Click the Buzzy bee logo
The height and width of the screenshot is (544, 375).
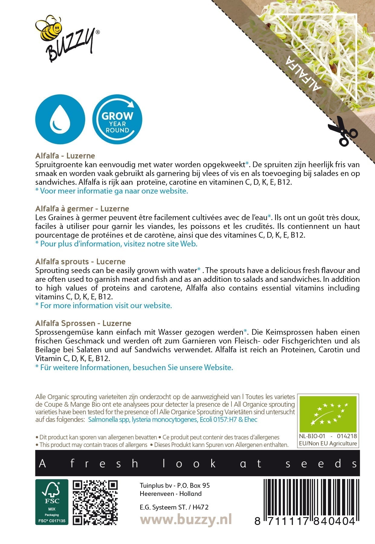pos(66,38)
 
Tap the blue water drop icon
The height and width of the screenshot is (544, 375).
pos(60,119)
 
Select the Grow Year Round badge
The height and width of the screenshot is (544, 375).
pos(117,119)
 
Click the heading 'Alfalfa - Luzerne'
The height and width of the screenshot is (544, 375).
pos(65,156)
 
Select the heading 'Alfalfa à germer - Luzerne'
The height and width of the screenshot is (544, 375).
pos(82,209)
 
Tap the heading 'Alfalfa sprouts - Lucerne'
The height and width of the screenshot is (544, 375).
pos(80,262)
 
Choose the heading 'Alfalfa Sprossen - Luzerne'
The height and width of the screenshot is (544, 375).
pos(83,323)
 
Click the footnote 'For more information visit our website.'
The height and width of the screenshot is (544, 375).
pos(104,305)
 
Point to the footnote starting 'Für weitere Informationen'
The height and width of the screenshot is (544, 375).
pos(134,367)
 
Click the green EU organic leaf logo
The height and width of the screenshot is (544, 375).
pos(328,413)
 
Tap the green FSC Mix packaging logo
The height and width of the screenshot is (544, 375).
pos(52,502)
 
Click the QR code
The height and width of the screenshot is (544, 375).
pos(95,502)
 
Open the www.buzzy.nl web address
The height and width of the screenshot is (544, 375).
pos(186,520)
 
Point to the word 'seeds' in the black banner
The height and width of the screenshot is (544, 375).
pos(322,464)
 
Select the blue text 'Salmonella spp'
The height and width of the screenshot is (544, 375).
pos(109,419)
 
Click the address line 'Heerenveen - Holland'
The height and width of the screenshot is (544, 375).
pos(170,494)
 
